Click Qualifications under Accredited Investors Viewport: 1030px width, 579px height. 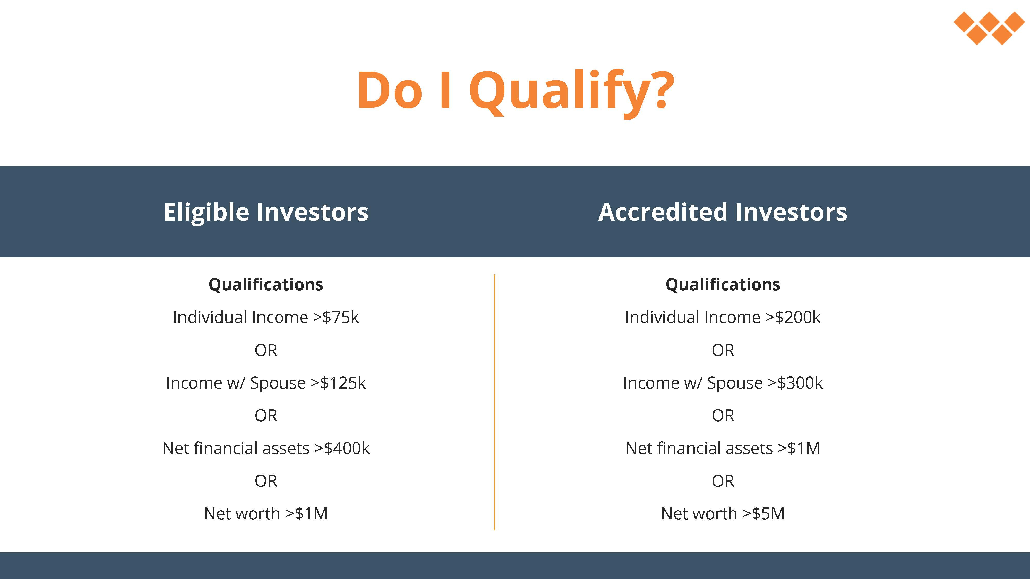[723, 285]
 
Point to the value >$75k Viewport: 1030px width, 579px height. [336, 317]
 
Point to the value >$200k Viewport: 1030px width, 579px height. [793, 317]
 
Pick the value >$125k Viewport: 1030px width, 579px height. [338, 383]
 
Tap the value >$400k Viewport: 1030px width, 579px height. [342, 448]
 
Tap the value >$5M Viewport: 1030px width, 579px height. [763, 513]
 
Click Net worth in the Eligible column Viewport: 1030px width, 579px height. [242, 513]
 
